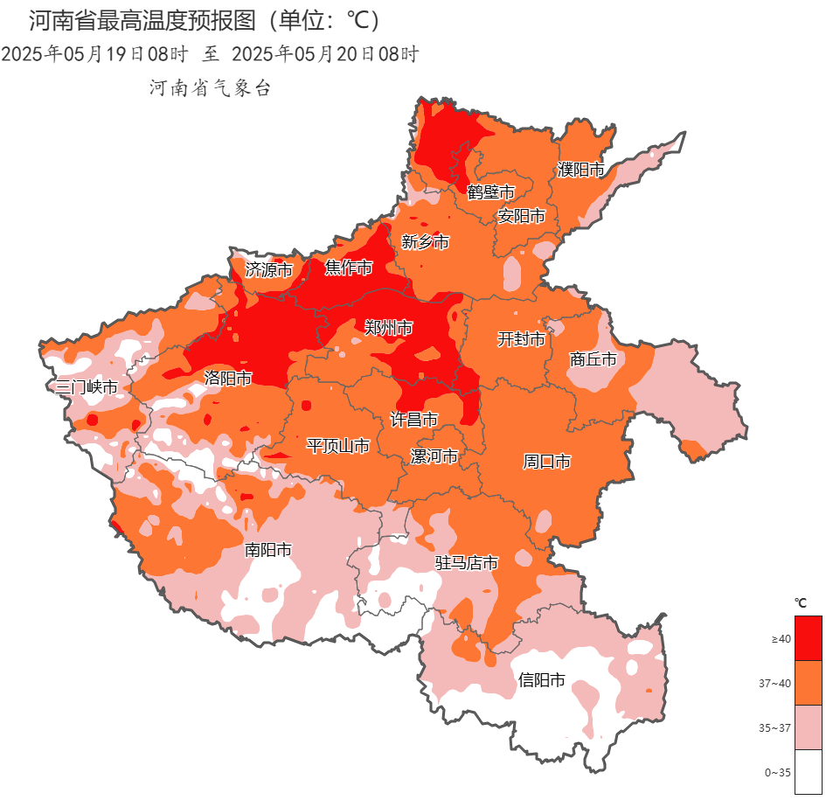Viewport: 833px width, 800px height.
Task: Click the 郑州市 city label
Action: click(x=388, y=328)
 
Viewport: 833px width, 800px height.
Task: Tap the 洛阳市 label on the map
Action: click(x=228, y=379)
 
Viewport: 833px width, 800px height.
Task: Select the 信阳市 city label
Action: click(x=541, y=679)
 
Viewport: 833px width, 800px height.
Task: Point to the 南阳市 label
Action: click(x=267, y=550)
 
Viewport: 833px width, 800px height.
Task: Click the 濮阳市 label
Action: click(x=581, y=170)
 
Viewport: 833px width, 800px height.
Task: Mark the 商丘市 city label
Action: click(x=593, y=359)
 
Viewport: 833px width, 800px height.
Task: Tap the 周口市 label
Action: click(x=546, y=461)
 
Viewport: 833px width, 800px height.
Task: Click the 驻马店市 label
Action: click(x=467, y=563)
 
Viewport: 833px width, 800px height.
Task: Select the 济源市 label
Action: click(x=268, y=270)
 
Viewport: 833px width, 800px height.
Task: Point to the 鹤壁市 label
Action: click(x=490, y=191)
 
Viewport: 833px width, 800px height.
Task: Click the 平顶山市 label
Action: click(x=337, y=446)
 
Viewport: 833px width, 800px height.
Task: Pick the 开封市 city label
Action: click(x=521, y=339)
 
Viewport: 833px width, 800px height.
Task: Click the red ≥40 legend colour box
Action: click(x=808, y=638)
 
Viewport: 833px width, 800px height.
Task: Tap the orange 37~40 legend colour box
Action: click(x=808, y=683)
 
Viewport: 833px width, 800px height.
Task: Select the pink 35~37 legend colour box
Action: click(x=808, y=727)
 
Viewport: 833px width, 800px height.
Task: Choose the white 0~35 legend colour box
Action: click(x=808, y=772)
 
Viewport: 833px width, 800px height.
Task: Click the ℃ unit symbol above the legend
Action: click(x=800, y=602)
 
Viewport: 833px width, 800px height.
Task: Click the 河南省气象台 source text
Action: click(x=211, y=87)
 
